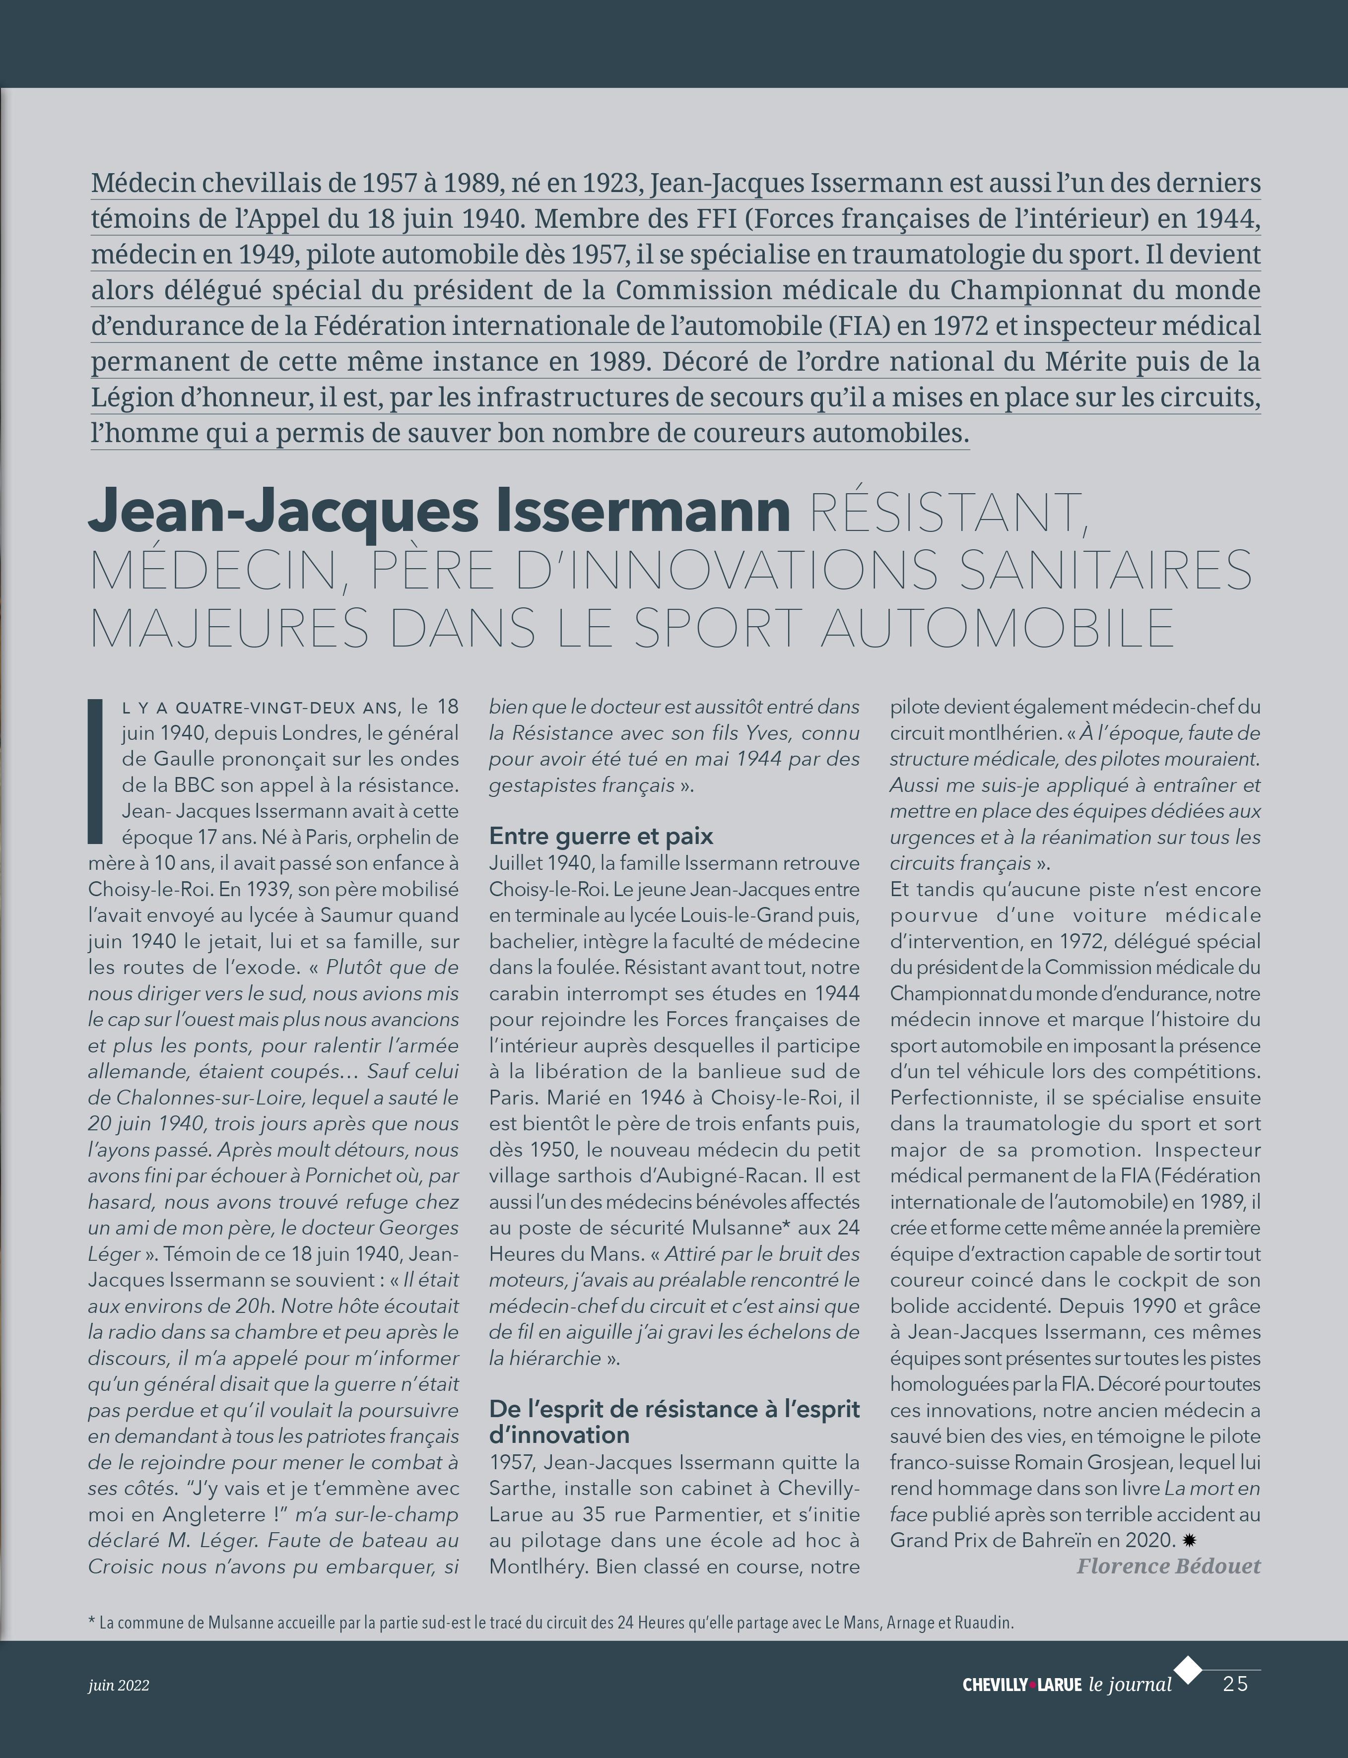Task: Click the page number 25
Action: tap(1236, 1684)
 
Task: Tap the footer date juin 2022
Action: tap(119, 1685)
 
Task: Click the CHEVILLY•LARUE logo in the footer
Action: tap(1021, 1685)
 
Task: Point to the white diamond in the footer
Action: tap(1188, 1669)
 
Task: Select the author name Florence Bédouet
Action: tap(1168, 1565)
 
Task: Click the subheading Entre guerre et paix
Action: tap(601, 836)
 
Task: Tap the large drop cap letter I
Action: tap(95, 771)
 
